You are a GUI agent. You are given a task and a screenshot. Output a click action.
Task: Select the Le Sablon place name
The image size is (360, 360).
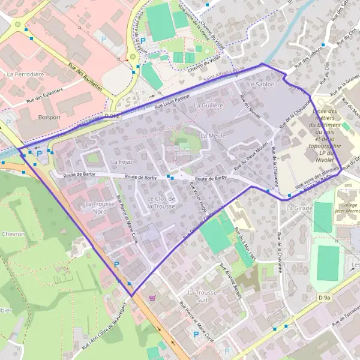pos(260,85)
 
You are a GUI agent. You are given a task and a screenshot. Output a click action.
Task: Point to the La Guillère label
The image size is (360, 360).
pos(209,105)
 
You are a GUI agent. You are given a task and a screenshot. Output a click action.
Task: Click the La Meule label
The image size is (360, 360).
pos(213,136)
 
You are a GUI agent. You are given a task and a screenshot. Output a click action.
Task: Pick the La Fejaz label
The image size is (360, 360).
pos(121,162)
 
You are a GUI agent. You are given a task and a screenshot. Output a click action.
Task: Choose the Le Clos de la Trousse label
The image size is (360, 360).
pos(161,202)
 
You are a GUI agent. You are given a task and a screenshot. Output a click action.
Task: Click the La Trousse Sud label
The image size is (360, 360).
pos(201,296)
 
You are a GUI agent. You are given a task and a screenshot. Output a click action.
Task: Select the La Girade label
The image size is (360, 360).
pos(299,208)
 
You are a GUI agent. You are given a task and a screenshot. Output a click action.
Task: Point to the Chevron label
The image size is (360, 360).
pos(13,233)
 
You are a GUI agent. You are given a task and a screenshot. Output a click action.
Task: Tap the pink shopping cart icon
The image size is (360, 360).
pos(154,297)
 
